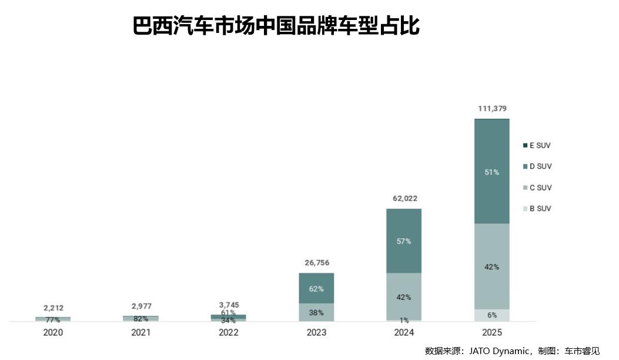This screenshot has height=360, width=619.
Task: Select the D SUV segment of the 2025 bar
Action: (x=492, y=172)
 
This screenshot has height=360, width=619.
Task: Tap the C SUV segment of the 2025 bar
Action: (x=492, y=266)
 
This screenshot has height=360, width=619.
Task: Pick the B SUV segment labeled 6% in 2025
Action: (x=492, y=315)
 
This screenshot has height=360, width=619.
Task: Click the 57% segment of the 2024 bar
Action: (x=404, y=241)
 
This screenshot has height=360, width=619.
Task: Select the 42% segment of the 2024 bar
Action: (x=404, y=296)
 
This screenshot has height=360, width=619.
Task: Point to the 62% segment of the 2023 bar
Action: (x=316, y=289)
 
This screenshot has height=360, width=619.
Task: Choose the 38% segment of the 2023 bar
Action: (x=316, y=312)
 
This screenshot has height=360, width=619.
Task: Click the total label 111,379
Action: (x=492, y=109)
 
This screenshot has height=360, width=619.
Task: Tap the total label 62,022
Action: (x=404, y=199)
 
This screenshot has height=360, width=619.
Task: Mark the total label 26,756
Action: (x=316, y=263)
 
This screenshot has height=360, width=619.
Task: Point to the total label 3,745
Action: (x=229, y=305)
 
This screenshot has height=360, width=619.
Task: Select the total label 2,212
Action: (x=53, y=308)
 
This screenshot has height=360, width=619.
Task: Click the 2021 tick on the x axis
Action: (x=140, y=332)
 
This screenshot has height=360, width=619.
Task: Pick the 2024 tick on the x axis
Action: (x=404, y=332)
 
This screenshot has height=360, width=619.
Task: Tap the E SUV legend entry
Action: (x=537, y=145)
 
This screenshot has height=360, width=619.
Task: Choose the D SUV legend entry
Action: (x=537, y=166)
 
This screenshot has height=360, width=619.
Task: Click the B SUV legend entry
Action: (x=537, y=209)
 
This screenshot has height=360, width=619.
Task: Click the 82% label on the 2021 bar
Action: (x=140, y=318)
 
